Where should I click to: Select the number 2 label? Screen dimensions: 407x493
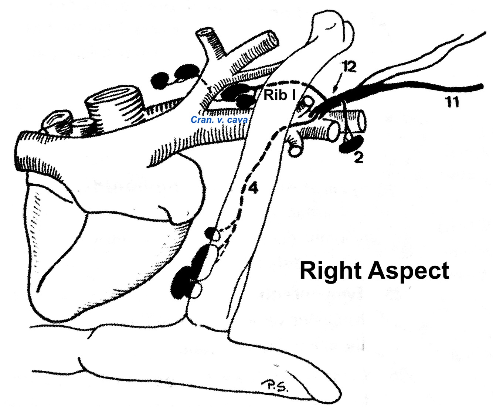[x=358, y=157]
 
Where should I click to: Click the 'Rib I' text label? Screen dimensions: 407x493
[x=279, y=95]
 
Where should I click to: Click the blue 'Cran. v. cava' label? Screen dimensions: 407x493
[x=219, y=120]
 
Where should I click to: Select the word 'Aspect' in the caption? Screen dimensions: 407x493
[x=409, y=271]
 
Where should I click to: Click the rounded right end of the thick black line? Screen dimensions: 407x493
[x=480, y=86]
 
